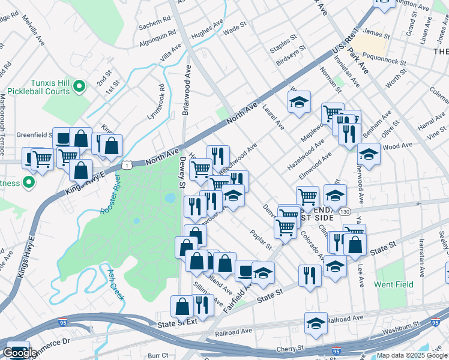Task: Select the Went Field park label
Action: (x=391, y=283)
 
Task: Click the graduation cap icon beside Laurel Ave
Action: (x=299, y=102)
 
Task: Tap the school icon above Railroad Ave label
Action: (x=316, y=323)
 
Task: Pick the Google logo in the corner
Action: (x=19, y=353)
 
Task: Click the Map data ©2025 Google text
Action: (x=412, y=355)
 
